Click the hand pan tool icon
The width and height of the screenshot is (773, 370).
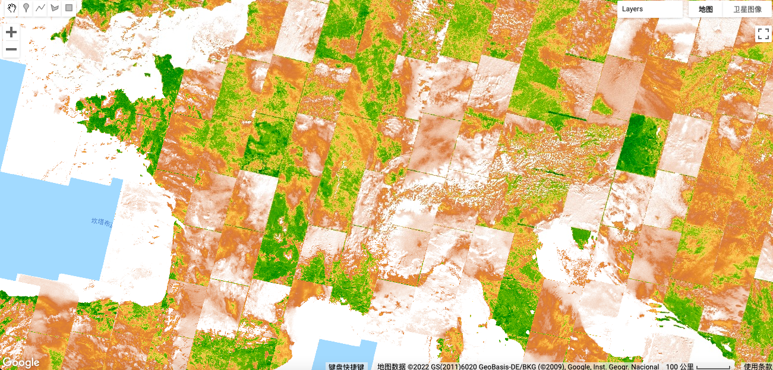[11, 8]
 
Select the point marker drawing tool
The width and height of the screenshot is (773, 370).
[26, 8]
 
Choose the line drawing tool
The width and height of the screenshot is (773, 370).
[40, 8]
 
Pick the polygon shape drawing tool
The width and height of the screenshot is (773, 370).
[55, 8]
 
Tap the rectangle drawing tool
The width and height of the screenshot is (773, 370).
[69, 8]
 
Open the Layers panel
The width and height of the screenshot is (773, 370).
[649, 9]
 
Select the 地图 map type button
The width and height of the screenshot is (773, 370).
[705, 9]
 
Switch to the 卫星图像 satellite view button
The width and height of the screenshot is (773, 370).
[747, 9]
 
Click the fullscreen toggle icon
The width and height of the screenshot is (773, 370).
[763, 34]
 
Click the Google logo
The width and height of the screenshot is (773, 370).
[21, 362]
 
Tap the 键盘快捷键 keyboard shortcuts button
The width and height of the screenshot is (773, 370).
[348, 366]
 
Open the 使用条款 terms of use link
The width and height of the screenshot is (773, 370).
[758, 366]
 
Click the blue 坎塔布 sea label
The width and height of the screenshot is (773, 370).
[101, 222]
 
